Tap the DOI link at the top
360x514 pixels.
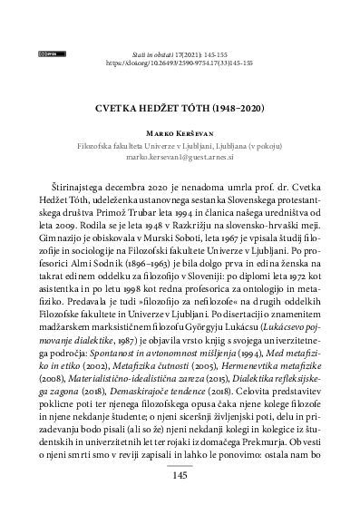(x=180, y=65)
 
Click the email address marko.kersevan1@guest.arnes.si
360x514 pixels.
(x=180, y=157)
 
